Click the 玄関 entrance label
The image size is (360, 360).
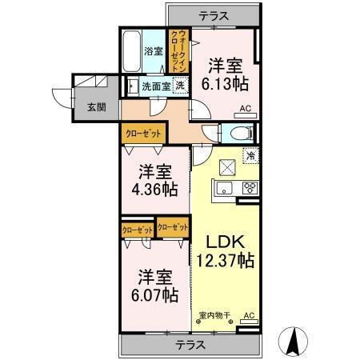point(85,107)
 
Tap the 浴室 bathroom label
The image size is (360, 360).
point(153,52)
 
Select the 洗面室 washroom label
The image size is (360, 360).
point(155,86)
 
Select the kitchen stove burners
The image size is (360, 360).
point(249,188)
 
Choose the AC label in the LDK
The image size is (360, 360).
point(248,316)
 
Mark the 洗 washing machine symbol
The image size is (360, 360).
point(182,86)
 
